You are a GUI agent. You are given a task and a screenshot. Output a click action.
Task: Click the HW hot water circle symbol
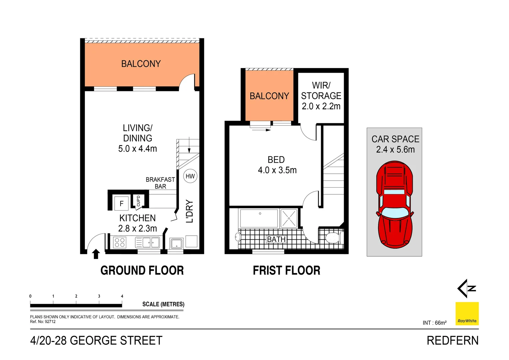190,176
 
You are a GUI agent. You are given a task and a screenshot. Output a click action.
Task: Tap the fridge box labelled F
122,203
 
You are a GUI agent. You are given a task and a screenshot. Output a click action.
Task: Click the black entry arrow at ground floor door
96,254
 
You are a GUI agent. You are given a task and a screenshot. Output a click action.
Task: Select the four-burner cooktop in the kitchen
120,242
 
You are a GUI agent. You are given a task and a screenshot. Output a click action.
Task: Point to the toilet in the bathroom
332,238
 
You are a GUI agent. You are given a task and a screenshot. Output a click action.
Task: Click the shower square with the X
289,219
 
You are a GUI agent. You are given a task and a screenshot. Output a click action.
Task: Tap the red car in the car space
394,204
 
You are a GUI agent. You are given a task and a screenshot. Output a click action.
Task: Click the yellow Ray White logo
467,314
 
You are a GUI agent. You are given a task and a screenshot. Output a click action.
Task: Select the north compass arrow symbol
466,288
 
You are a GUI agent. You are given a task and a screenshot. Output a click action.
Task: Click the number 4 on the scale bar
122,296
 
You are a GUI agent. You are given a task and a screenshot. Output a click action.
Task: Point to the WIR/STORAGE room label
321,96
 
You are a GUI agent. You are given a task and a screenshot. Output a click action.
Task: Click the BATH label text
276,239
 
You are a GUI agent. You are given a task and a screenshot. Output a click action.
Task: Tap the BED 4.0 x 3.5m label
277,165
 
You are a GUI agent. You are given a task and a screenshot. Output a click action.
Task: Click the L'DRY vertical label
190,211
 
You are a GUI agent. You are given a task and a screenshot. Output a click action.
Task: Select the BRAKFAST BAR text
160,183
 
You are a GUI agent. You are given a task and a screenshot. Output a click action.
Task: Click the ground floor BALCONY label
141,64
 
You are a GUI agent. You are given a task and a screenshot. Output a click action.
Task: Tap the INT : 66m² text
434,323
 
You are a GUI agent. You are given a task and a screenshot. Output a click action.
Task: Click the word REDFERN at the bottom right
452,341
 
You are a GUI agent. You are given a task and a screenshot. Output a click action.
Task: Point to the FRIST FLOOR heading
286,270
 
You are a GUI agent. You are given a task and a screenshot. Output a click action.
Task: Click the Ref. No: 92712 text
43,322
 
